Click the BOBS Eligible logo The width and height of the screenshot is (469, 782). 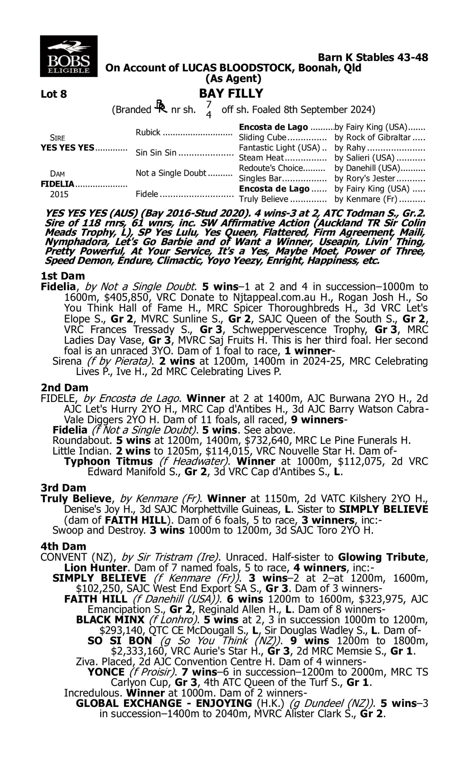68,56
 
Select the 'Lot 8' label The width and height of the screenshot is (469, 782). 54,94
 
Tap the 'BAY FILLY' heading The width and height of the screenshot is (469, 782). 231,93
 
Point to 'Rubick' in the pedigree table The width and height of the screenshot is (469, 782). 148,132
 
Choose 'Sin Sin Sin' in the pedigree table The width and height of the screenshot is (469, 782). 156,153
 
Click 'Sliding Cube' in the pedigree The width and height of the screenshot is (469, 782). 262,138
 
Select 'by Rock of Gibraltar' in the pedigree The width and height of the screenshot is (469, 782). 372,138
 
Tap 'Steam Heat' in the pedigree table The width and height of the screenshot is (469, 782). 261,158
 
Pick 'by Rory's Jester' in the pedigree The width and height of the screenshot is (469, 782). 365,179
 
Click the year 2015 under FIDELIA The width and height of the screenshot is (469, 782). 59,194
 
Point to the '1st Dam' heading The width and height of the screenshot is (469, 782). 63,276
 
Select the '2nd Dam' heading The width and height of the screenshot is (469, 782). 64,388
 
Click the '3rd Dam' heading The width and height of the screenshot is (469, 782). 63,488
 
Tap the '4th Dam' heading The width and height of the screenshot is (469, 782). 63,546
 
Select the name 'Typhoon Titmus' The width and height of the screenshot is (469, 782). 108,461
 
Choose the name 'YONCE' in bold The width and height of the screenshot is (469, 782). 106,672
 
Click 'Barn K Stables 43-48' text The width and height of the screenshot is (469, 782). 373,57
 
